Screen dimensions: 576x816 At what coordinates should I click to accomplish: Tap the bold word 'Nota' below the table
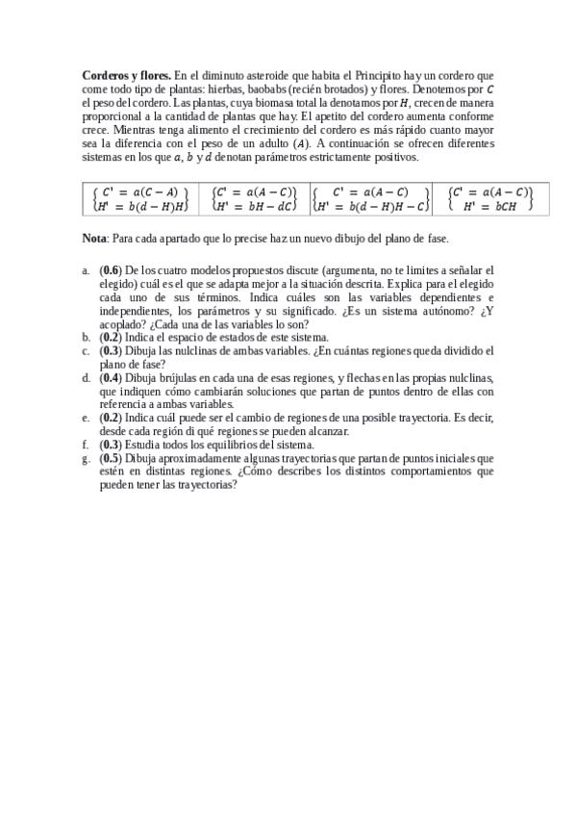pos(94,237)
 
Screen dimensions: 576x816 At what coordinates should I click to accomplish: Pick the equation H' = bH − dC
pos(255,205)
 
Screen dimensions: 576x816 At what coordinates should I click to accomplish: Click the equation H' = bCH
pos(489,205)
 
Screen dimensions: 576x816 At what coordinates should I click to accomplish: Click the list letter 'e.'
pos(87,419)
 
